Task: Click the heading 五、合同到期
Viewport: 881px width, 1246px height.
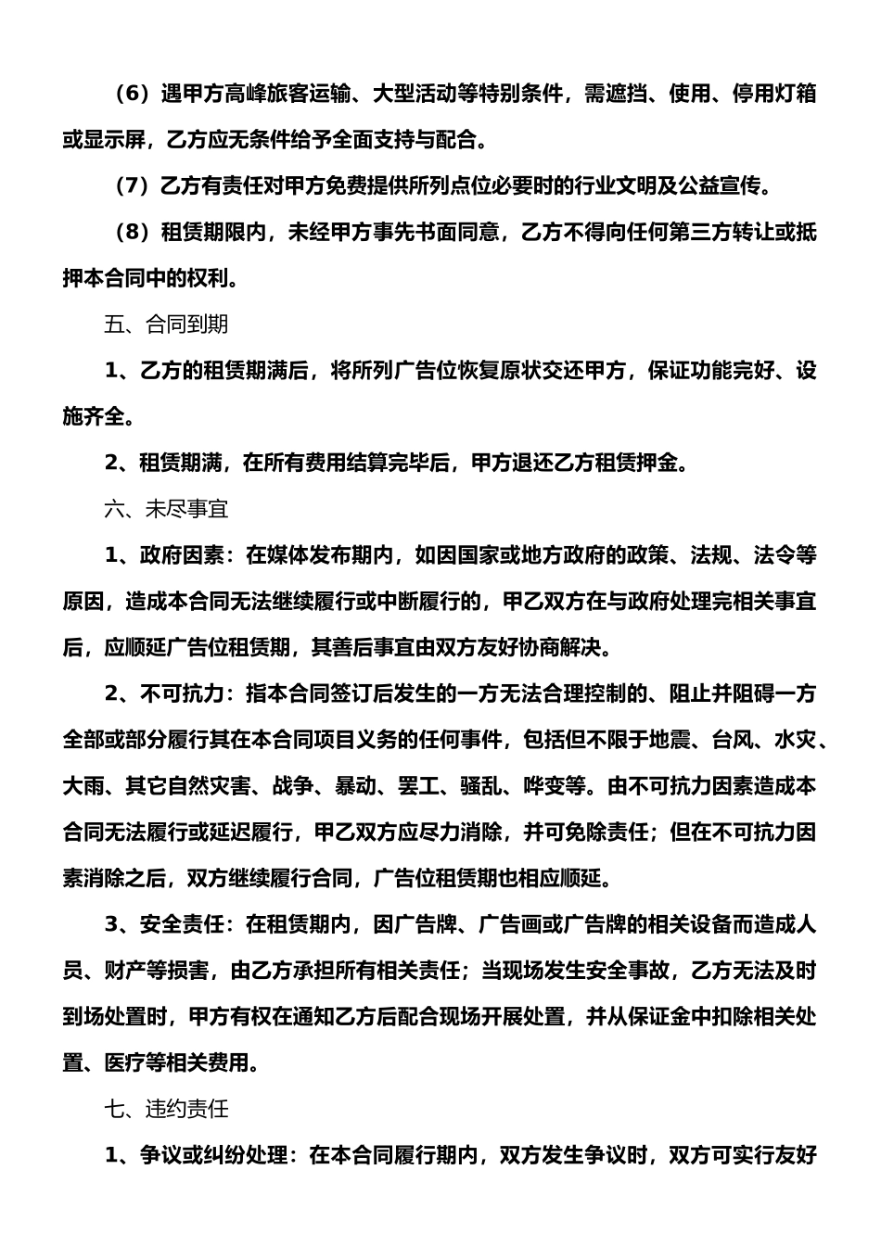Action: [x=166, y=324]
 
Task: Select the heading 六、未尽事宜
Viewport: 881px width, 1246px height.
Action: [x=166, y=509]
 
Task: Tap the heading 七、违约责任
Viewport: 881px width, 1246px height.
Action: [x=166, y=1109]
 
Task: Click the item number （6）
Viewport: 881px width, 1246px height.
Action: [x=131, y=94]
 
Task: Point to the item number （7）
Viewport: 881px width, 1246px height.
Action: [x=131, y=186]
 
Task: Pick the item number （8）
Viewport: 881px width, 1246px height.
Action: [x=131, y=233]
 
